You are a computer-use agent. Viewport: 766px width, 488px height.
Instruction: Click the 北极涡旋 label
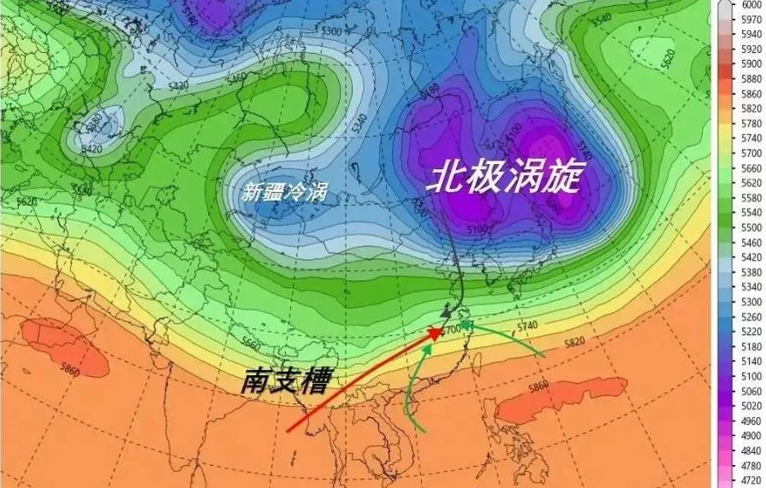click(x=504, y=179)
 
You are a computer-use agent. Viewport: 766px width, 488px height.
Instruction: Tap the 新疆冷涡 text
click(x=284, y=192)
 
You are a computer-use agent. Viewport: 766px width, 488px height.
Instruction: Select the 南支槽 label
click(x=286, y=381)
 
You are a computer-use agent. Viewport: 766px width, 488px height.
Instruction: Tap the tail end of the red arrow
click(x=288, y=430)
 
